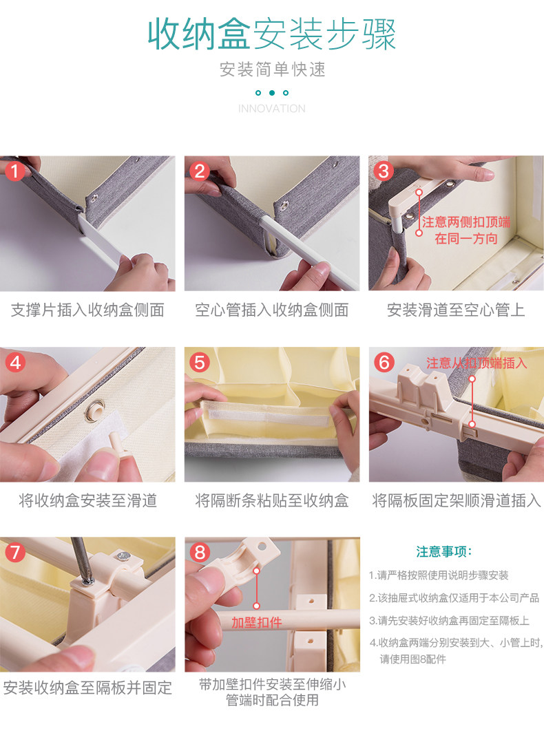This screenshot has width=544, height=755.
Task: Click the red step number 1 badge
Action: point(14,171)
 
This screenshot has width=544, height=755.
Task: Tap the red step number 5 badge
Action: point(199,362)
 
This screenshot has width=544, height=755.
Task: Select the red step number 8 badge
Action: point(200,552)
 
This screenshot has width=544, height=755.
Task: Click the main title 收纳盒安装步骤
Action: point(272,34)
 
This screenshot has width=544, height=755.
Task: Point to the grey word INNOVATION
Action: point(272,109)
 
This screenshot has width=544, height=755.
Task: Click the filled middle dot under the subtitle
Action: point(272,92)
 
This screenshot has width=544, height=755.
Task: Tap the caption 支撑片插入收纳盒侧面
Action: point(87,310)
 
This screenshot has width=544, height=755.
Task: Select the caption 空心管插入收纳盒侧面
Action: point(272,310)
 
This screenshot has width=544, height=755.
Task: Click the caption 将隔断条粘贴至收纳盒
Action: point(272,501)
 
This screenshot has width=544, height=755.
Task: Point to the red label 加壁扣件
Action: point(256,623)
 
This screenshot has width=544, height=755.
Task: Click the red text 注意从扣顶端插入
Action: point(477,363)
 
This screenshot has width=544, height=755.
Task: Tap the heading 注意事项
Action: point(443,551)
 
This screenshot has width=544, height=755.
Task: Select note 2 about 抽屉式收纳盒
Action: point(454,598)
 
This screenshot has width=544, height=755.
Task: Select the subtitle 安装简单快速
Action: point(272,70)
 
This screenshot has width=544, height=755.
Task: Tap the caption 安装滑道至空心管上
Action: point(456,310)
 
